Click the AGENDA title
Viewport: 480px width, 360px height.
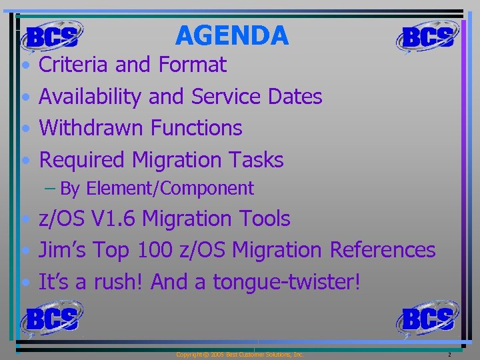click(232, 35)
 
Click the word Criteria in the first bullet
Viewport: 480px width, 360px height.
click(74, 65)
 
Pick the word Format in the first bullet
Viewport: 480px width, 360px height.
click(193, 65)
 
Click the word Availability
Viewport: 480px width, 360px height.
click(90, 97)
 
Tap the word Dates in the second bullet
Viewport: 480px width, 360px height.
click(295, 97)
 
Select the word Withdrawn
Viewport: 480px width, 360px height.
click(92, 127)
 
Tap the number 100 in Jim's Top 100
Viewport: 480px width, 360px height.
click(155, 250)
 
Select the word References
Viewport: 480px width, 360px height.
click(383, 250)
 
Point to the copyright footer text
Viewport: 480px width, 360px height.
click(239, 355)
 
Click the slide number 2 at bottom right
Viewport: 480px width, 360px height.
click(450, 355)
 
